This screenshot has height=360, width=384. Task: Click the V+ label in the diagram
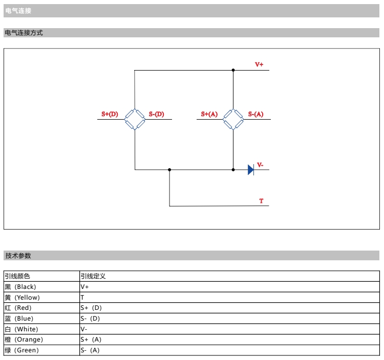click(259, 65)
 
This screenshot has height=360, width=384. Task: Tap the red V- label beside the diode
click(260, 165)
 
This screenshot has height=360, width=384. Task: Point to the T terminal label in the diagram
click(261, 201)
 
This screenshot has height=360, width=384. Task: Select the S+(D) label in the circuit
click(110, 114)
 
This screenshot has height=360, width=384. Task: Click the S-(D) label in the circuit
click(156, 114)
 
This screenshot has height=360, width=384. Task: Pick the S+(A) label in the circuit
click(209, 114)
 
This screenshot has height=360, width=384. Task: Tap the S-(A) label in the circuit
click(255, 114)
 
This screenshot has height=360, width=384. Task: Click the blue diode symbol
click(251, 170)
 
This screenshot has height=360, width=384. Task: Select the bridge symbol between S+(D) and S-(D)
click(135, 119)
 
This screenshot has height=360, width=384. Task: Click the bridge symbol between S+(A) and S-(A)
click(233, 119)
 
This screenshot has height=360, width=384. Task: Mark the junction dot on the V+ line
click(233, 70)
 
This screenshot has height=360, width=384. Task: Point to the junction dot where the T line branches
click(169, 170)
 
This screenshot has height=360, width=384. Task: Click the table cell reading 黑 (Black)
click(20, 287)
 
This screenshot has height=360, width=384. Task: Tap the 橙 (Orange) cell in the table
click(24, 340)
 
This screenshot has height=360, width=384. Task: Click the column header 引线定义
click(93, 276)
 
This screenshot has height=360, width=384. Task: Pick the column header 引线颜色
click(17, 276)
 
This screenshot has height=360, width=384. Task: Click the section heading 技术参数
click(18, 255)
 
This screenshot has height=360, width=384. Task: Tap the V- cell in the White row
click(84, 329)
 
